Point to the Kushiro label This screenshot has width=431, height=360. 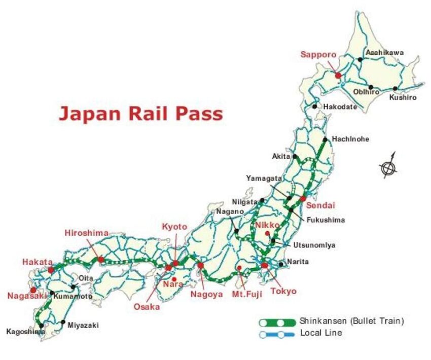point(403,97)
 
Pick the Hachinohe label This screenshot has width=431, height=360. point(350,139)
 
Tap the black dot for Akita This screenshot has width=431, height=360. point(295,157)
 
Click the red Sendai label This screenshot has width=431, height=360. point(318,206)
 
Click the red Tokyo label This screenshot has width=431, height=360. point(283,291)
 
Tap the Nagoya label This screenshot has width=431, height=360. point(206,294)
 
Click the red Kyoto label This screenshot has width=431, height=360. point(174,227)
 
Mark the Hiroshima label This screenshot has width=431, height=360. point(87,233)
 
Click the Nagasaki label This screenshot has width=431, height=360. point(27,296)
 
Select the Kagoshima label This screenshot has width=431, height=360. point(25,332)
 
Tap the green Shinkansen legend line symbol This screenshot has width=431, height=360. point(277,322)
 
